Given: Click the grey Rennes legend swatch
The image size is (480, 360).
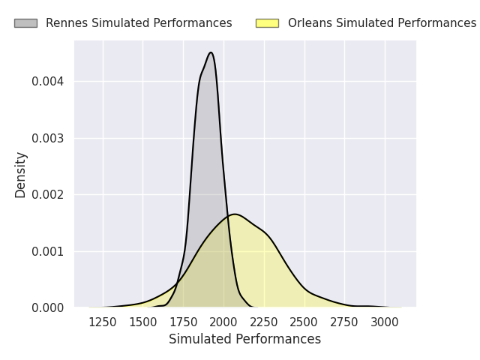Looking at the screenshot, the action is point(25,23).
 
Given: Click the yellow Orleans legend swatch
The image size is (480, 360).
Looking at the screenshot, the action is point(267,23).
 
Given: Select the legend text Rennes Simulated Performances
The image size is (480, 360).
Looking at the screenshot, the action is point(139,23).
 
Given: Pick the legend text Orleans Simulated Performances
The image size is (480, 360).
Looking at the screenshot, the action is point(382,23).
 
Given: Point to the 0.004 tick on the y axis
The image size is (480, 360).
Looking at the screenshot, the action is point(47,82).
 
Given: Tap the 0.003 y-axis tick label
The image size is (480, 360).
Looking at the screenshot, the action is point(47,138).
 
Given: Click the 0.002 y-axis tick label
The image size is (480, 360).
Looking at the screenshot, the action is point(47,195).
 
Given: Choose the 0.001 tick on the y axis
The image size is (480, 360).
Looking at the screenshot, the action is point(47,252).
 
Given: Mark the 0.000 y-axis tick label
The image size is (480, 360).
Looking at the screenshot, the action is point(47,308).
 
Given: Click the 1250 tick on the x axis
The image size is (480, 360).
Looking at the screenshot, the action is point(103,322).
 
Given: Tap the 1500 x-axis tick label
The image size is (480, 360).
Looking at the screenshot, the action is point(143,322).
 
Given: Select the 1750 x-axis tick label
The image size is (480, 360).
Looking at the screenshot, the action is point(183,322).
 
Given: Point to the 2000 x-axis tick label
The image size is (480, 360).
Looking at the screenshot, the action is point(223,322).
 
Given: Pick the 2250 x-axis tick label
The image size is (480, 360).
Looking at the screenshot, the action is point(264,322).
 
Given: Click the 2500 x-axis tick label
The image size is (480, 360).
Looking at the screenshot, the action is point(304,322).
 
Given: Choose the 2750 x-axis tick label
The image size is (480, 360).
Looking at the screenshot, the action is point(344,322).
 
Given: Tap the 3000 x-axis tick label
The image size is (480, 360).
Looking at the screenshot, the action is point(385,322).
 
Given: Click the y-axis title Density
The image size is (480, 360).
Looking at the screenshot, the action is point(20,175).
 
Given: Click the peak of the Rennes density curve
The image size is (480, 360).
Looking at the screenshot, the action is point(211,52).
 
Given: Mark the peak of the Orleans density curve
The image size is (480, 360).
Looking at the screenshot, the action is point(235,214).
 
